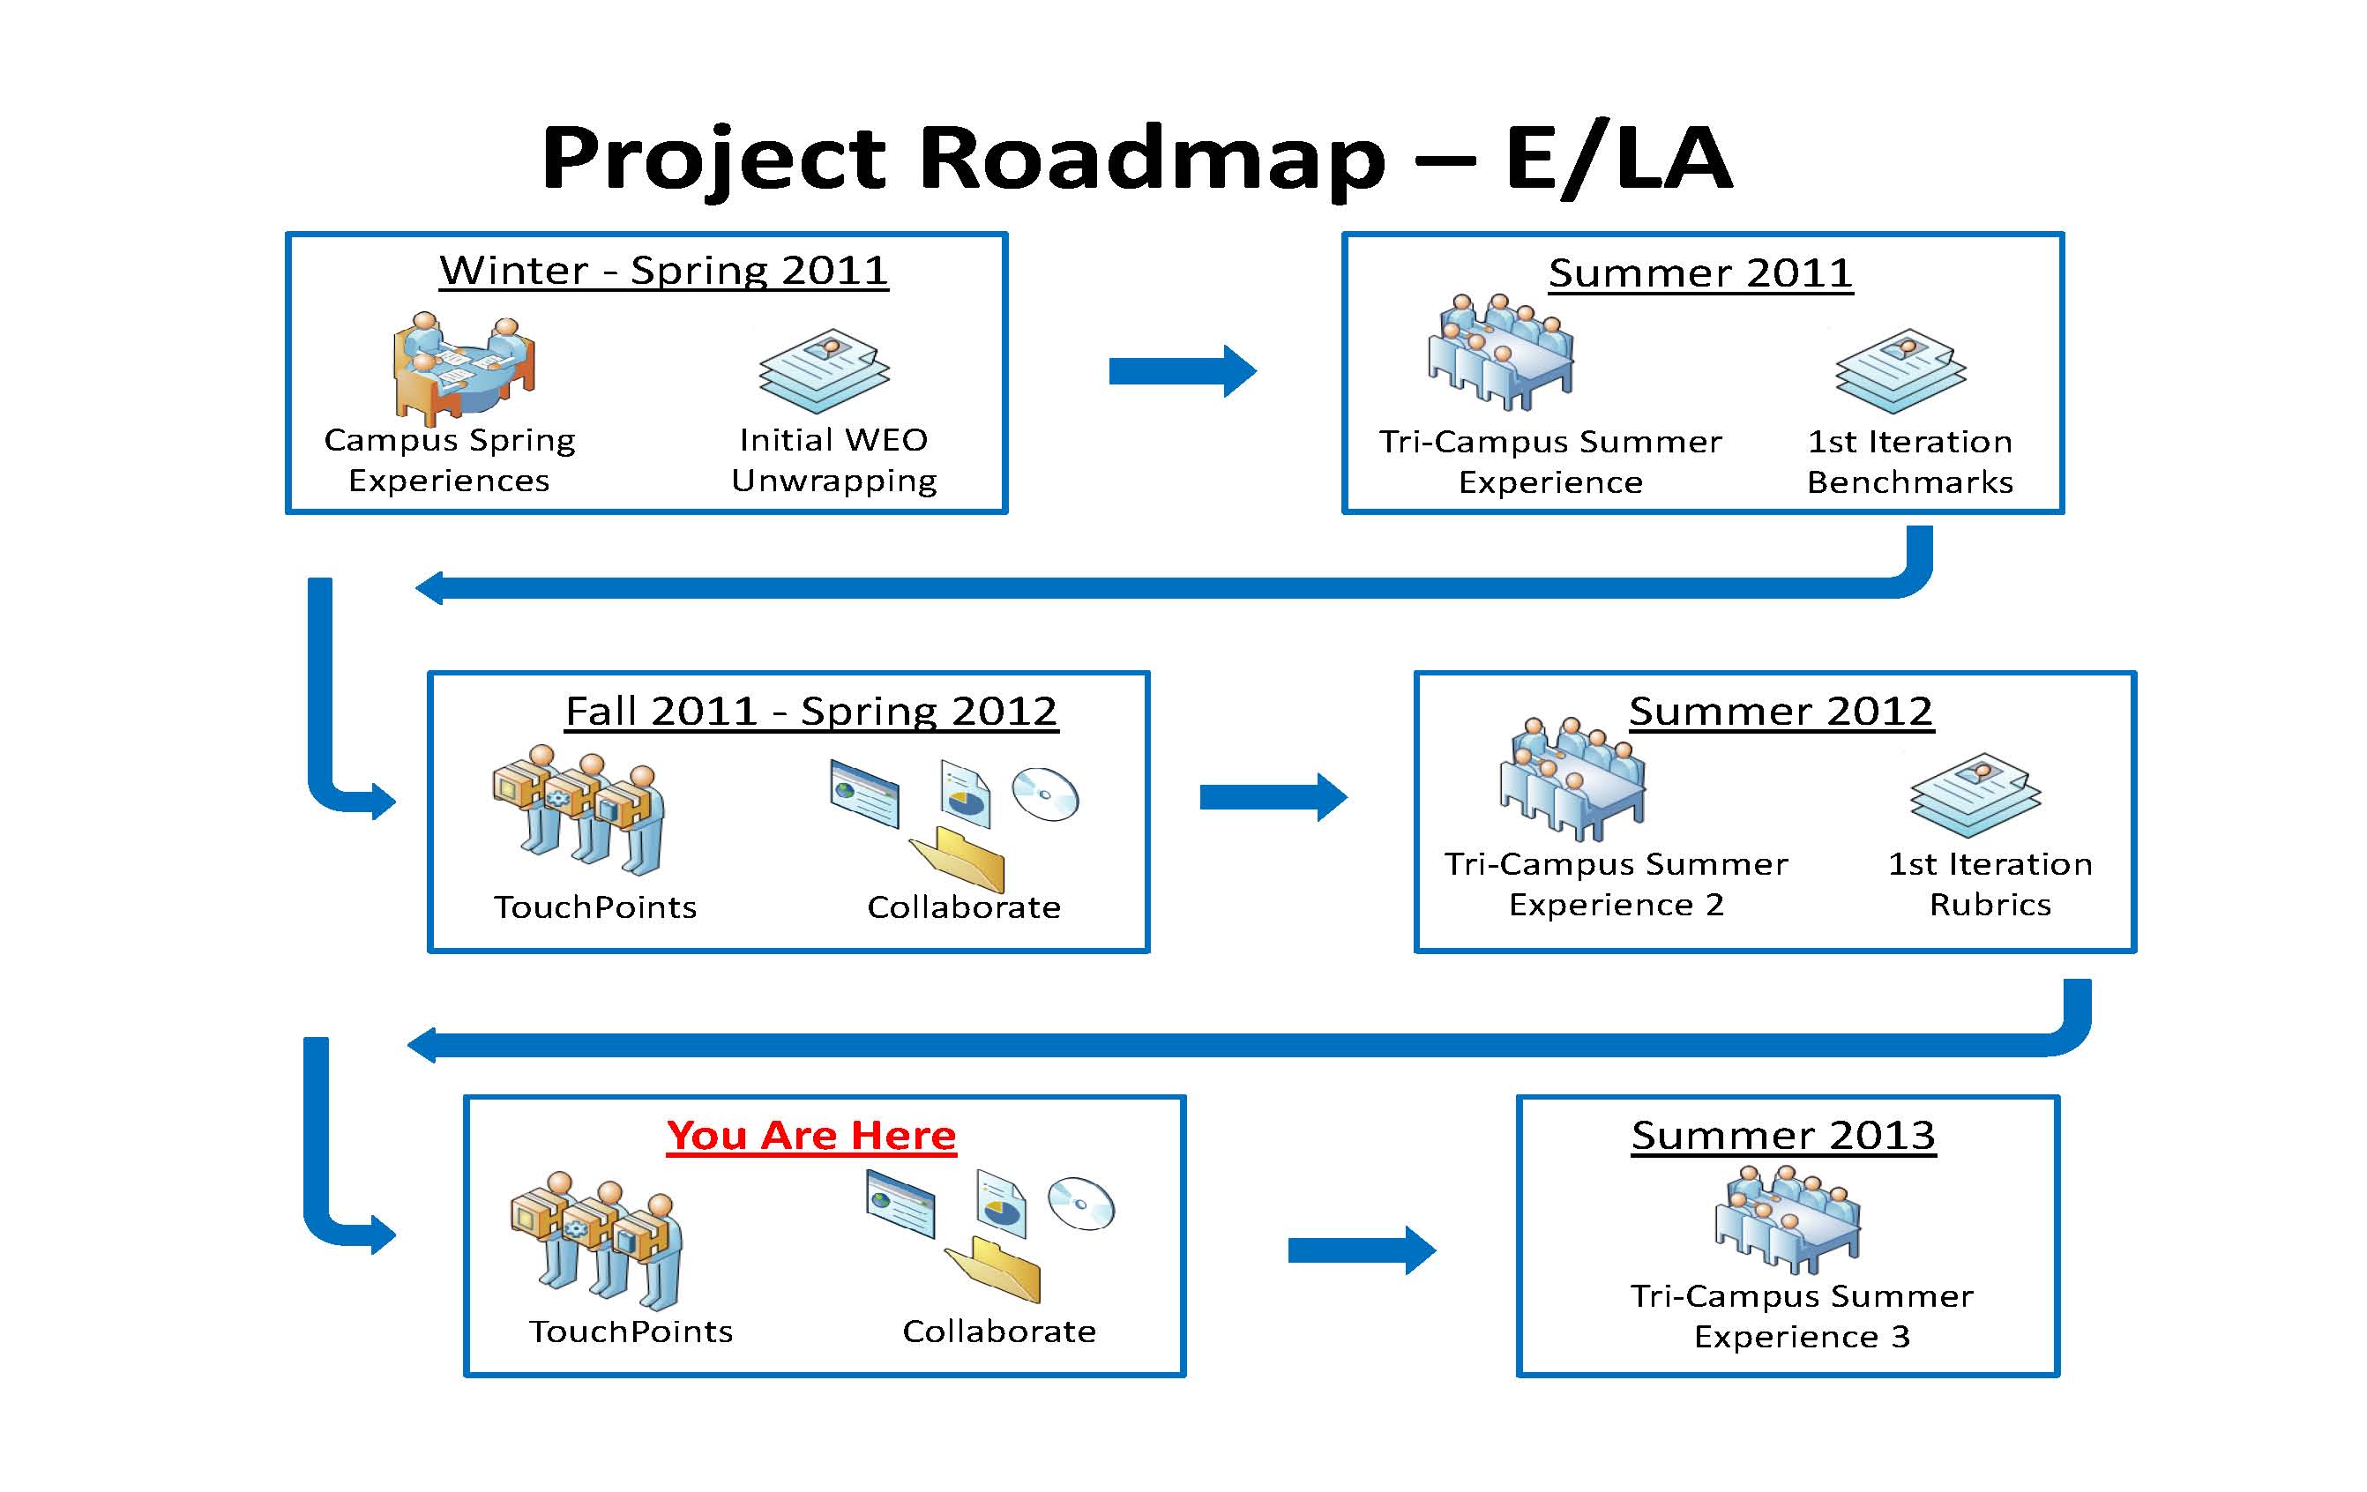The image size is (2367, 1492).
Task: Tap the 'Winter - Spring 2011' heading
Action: tap(663, 271)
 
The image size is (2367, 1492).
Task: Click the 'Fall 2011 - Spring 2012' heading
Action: tap(811, 712)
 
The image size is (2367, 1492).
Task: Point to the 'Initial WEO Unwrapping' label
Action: tap(833, 460)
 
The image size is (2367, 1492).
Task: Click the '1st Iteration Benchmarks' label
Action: tap(1910, 462)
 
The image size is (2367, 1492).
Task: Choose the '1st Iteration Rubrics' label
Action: tap(1990, 884)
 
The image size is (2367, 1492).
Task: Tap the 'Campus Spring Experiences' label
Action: tap(449, 460)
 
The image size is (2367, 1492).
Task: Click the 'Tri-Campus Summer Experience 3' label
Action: tap(1802, 1316)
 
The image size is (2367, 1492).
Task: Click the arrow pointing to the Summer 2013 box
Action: tap(1362, 1250)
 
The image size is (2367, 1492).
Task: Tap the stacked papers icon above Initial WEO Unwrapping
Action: tap(824, 370)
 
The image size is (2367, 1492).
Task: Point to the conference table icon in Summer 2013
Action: tap(1787, 1219)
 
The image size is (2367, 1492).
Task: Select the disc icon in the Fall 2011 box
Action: tap(1046, 794)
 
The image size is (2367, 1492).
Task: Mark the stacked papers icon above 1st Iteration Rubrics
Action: tap(1975, 794)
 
